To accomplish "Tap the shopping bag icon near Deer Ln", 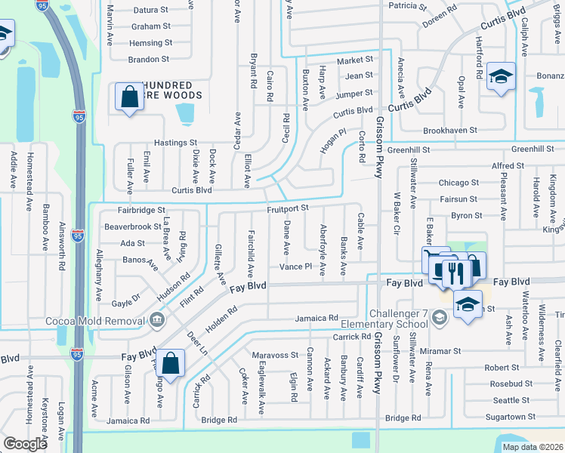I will point(171,363).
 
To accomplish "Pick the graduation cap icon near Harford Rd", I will point(500,76).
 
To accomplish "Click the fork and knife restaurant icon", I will point(453,273).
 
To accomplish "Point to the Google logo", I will point(25,444).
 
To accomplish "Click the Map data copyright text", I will point(533,447).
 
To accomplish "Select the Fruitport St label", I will point(288,208).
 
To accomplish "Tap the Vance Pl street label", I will point(295,267).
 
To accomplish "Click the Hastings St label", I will point(175,142).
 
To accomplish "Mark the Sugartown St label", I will point(511,416).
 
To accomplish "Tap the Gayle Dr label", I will point(126,300).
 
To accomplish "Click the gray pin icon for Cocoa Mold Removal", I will point(156,320).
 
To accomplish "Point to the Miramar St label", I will point(441,351).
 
